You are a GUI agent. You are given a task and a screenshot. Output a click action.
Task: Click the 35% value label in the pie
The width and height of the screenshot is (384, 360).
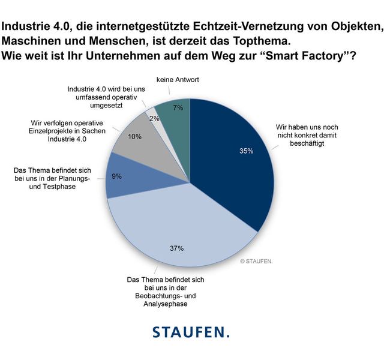tap(246, 151)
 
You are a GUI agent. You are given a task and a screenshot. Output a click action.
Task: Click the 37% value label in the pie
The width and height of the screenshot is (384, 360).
tap(176, 247)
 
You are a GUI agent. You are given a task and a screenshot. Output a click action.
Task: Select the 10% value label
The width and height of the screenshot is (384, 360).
tap(134, 136)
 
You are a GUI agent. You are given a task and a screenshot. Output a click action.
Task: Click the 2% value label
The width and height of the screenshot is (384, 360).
tap(154, 118)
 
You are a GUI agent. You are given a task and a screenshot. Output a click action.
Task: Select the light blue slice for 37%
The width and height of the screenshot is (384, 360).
tap(180, 228)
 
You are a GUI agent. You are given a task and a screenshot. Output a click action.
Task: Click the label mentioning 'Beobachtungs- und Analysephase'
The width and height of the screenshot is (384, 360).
tap(158, 292)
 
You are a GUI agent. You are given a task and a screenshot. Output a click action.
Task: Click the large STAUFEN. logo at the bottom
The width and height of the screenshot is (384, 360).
tap(191, 332)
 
